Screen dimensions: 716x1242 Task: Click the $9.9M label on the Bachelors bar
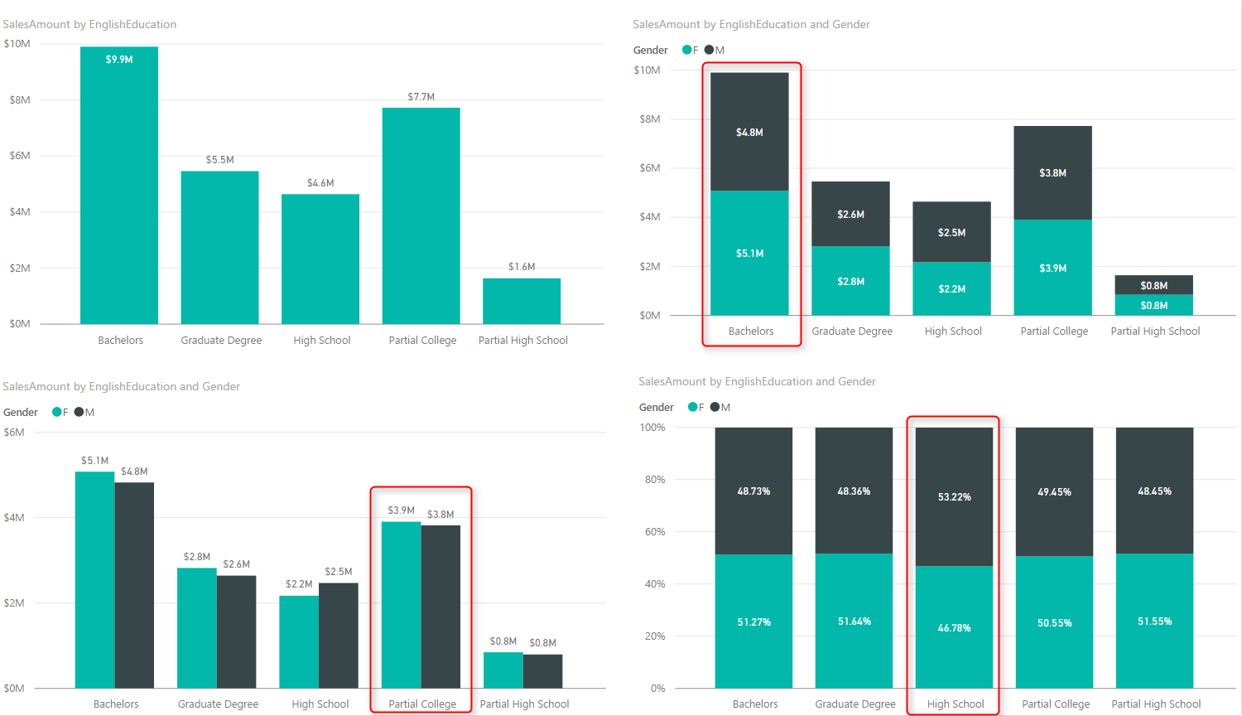pyautogui.click(x=119, y=60)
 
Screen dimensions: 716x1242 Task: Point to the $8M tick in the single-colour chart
pyautogui.click(x=20, y=100)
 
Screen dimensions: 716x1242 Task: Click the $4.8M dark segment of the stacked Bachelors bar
pyautogui.click(x=749, y=132)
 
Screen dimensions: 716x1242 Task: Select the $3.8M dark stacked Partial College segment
pyautogui.click(x=1052, y=172)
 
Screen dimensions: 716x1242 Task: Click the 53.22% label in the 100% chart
pyautogui.click(x=954, y=497)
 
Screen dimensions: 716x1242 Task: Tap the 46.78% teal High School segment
pyautogui.click(x=954, y=627)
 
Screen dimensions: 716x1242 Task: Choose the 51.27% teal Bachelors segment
pyautogui.click(x=753, y=622)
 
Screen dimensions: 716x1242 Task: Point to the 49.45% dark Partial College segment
pyautogui.click(x=1054, y=491)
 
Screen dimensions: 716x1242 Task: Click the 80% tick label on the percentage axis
pyautogui.click(x=655, y=480)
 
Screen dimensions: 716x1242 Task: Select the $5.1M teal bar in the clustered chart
pyautogui.click(x=94, y=580)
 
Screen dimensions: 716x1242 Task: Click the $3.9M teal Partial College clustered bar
pyautogui.click(x=401, y=605)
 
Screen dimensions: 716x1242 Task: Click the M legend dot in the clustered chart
pyautogui.click(x=79, y=412)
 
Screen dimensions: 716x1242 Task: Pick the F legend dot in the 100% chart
pyautogui.click(x=693, y=407)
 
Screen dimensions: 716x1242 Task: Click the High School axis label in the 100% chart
pyautogui.click(x=956, y=704)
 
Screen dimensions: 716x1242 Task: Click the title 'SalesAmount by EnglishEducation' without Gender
pyautogui.click(x=89, y=25)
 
